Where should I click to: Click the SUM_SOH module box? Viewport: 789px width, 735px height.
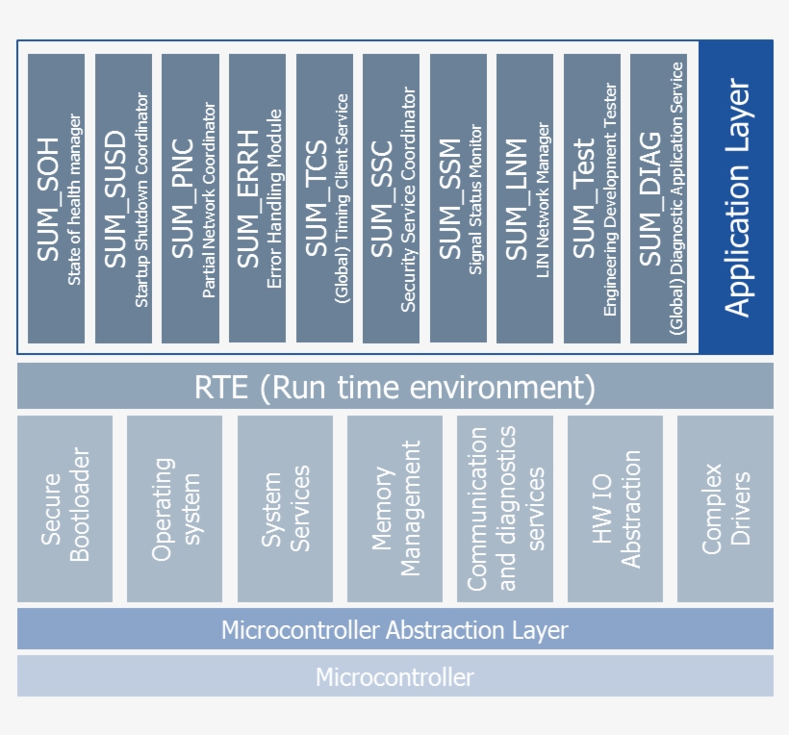57,198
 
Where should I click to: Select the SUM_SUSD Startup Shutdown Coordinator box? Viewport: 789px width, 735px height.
124,198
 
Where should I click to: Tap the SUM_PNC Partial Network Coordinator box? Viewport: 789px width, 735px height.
191,198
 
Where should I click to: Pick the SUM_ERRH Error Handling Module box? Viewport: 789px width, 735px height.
258,198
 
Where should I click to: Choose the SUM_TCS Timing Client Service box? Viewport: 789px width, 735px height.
324,198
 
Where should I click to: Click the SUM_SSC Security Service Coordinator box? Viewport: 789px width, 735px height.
392,198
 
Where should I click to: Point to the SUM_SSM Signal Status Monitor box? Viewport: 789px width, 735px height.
458,198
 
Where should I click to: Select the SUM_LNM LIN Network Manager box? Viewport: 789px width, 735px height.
525,198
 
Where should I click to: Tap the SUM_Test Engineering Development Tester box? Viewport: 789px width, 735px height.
592,198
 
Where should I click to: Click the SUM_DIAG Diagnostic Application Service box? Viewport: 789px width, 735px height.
659,198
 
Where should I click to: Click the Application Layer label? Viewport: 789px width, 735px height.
736,198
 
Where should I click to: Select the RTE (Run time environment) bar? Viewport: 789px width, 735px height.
394,387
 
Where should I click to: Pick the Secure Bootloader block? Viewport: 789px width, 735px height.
64,508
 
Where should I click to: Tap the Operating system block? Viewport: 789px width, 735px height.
175,508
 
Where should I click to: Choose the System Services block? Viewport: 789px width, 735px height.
285,508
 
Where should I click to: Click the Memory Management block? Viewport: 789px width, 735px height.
394,508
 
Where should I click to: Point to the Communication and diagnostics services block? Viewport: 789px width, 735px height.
505,508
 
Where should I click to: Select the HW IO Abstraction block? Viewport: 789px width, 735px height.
615,508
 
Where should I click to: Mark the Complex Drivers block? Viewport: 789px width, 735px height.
725,508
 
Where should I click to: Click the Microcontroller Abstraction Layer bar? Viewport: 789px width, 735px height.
394,630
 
